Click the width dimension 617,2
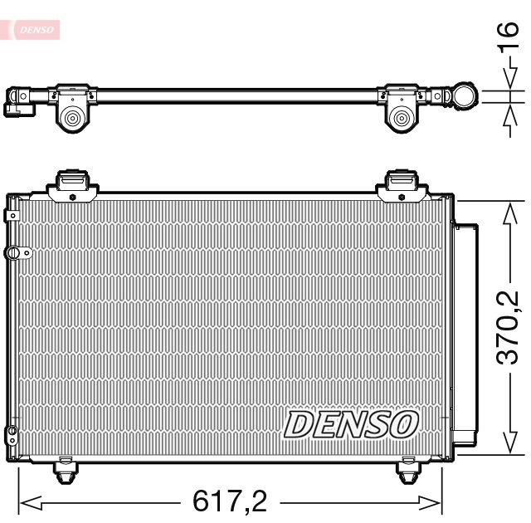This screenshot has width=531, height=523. coord(230,501)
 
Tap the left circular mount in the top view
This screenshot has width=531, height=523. coord(72,119)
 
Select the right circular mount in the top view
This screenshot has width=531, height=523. coord(404,119)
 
